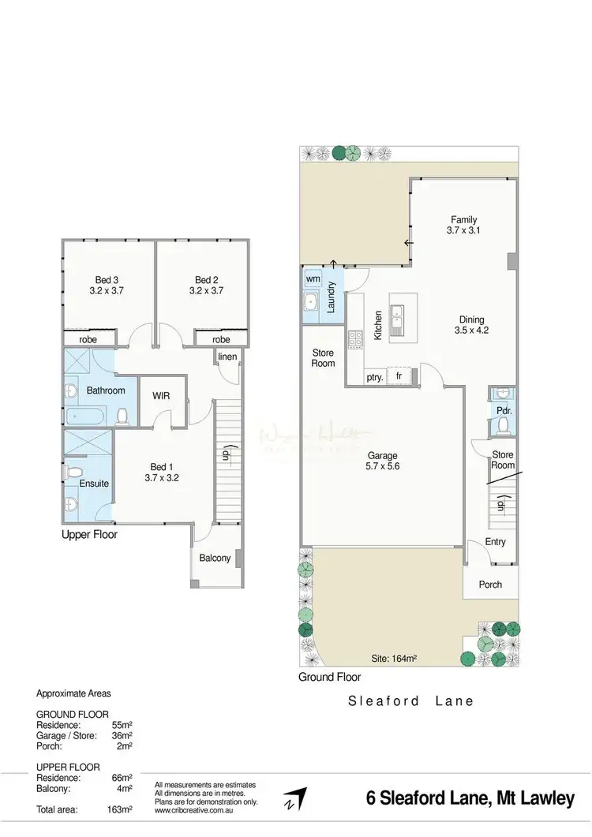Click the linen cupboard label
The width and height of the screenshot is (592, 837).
point(227,357)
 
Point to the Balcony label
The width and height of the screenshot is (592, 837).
point(215,558)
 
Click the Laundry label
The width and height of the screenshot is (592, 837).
point(332,297)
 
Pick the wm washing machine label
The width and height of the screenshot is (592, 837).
point(313,278)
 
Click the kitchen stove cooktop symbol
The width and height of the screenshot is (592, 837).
point(355,338)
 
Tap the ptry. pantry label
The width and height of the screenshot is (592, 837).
point(375,377)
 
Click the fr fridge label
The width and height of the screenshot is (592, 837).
point(399,377)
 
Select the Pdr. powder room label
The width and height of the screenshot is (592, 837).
point(502,410)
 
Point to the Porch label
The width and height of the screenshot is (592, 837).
point(490,585)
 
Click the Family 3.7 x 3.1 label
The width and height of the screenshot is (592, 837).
point(464,225)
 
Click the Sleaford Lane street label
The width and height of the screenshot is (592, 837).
point(411,700)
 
